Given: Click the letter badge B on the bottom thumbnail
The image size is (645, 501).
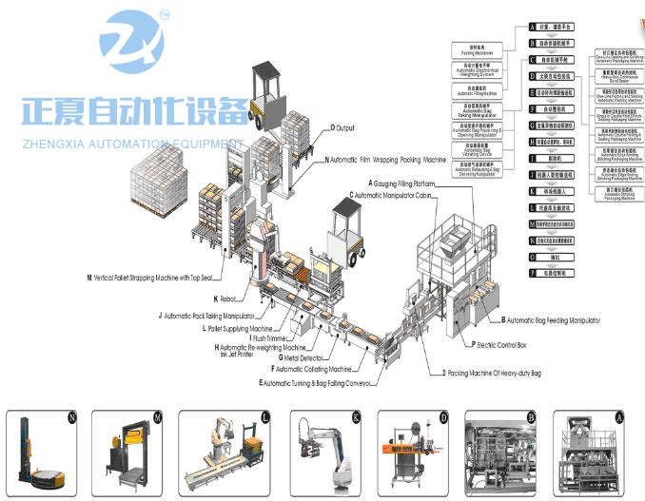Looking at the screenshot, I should (528, 416).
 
